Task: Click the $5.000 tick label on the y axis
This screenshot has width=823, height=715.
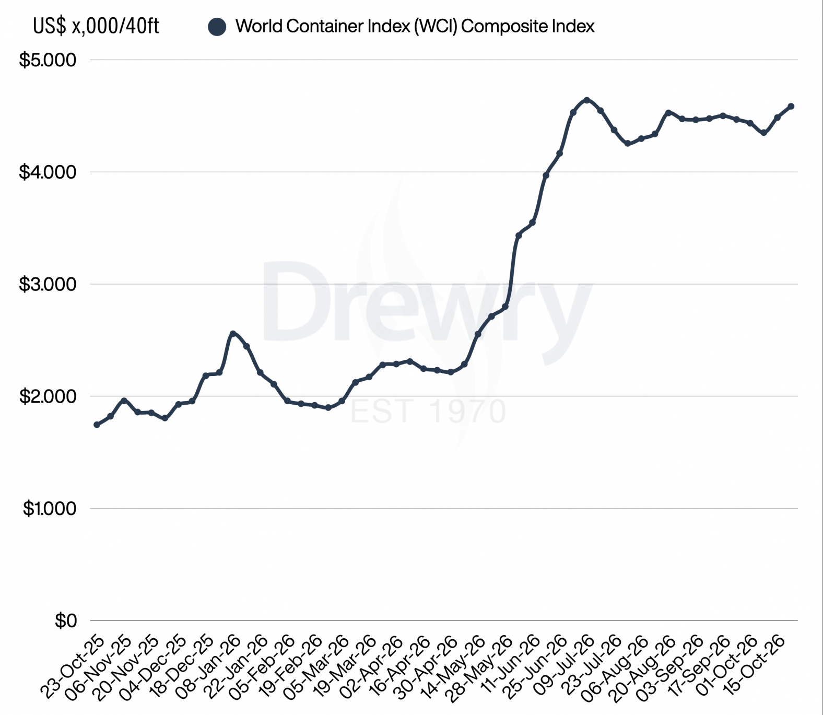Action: click(x=48, y=60)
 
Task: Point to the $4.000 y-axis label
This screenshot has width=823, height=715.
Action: click(x=48, y=172)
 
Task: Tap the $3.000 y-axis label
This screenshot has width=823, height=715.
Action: click(x=48, y=284)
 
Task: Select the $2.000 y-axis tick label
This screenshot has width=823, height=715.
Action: click(x=48, y=396)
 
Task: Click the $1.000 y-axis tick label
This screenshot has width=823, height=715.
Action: click(x=49, y=508)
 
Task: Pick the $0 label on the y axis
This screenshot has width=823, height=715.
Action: click(x=66, y=620)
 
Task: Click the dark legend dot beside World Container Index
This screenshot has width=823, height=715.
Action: click(x=217, y=27)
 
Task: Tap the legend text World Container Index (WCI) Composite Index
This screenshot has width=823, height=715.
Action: click(x=415, y=26)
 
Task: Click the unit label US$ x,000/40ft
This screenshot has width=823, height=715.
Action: click(x=96, y=26)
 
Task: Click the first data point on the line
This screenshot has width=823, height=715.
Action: click(x=97, y=425)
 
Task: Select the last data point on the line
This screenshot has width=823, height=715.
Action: click(x=791, y=106)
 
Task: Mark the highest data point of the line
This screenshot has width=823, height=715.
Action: click(x=587, y=100)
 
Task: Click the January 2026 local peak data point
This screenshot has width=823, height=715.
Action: click(x=233, y=334)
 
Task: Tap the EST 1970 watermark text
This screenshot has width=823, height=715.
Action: click(x=428, y=411)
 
